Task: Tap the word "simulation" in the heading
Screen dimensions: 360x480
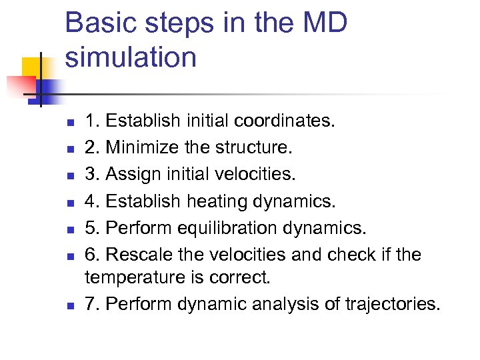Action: pos(131,57)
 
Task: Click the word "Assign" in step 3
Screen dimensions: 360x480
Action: pos(133,174)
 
